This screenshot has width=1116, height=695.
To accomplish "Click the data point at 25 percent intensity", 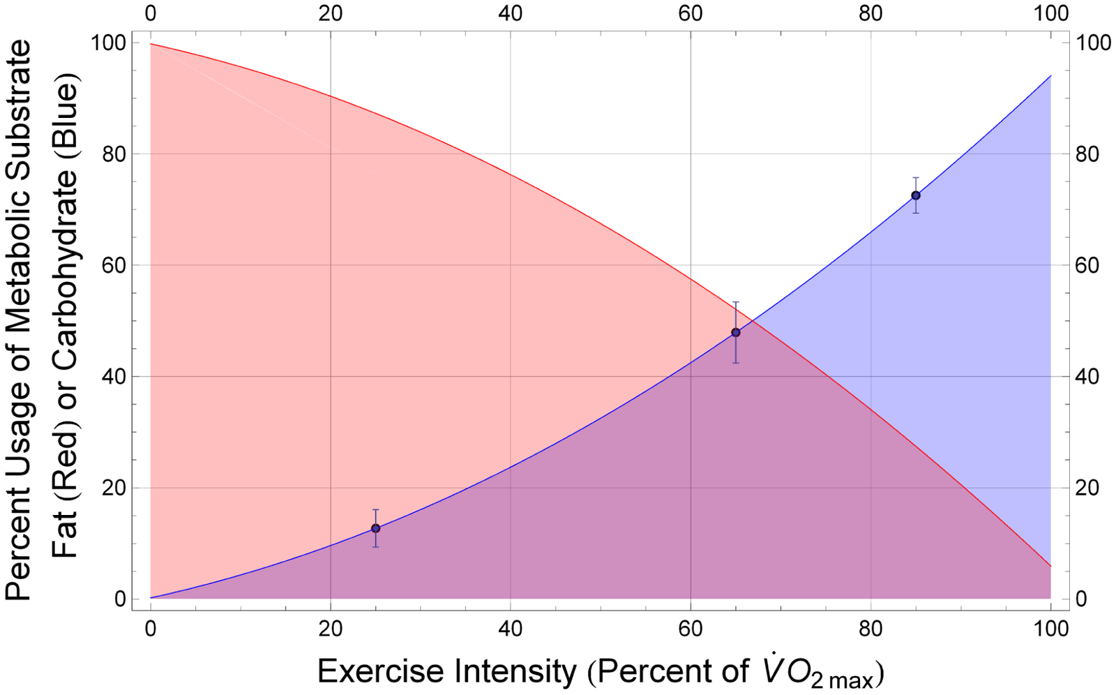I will point(375,528).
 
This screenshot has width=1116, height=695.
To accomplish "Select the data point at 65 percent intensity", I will point(735,332).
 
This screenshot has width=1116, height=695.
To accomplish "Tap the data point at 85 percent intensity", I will point(915,195).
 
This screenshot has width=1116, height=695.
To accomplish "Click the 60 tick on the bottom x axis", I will point(691,629).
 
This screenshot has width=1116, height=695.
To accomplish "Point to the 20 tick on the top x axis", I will point(331,13).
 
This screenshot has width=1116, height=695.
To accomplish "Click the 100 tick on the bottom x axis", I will point(1050,629).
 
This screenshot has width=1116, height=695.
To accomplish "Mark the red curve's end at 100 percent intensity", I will point(1050,566).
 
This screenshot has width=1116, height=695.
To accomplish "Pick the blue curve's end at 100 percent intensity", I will point(1050,75).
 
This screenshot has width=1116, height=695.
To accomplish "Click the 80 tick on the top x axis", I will point(870,13).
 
